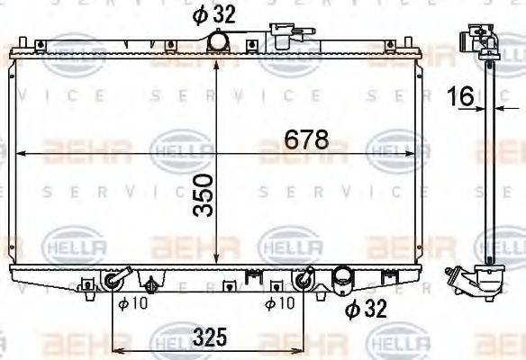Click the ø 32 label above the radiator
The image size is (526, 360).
(x=211, y=13)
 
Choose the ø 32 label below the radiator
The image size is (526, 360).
(x=367, y=309)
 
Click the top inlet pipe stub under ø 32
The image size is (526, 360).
(x=217, y=41)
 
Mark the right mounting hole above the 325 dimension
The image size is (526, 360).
(x=303, y=282)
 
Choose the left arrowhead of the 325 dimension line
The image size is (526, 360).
(x=116, y=349)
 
